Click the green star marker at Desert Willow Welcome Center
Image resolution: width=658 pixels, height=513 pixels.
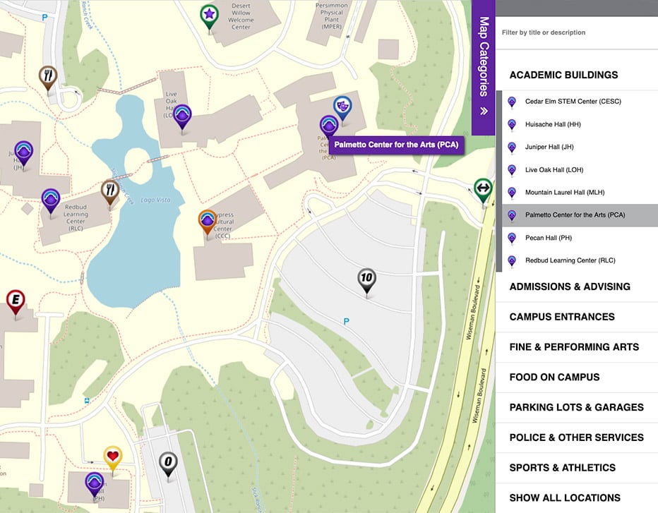[x=208, y=15]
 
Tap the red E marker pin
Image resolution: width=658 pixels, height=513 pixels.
[x=16, y=301]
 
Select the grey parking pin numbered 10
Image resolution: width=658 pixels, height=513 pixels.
[x=366, y=279]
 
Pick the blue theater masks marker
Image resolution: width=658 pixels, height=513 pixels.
[x=342, y=107]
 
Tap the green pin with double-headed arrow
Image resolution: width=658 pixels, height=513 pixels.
[x=483, y=188]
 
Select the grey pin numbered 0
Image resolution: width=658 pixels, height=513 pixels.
[x=167, y=463]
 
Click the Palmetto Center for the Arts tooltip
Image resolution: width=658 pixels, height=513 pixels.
[x=396, y=145]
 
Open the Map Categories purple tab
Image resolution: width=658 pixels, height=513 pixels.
[x=484, y=66]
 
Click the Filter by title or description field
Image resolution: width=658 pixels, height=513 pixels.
[x=575, y=32]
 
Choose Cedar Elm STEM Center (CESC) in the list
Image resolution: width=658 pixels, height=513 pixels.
[x=573, y=102]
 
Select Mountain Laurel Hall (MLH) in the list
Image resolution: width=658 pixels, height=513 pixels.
[x=565, y=193]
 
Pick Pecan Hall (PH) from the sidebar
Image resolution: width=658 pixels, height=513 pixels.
[x=548, y=238]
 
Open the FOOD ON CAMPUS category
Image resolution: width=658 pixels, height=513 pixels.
[x=554, y=377]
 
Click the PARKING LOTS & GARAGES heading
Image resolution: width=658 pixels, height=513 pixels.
[x=576, y=407]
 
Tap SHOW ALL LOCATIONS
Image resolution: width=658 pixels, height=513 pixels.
[x=565, y=497]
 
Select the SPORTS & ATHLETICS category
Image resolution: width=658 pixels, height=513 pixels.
[x=562, y=467]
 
